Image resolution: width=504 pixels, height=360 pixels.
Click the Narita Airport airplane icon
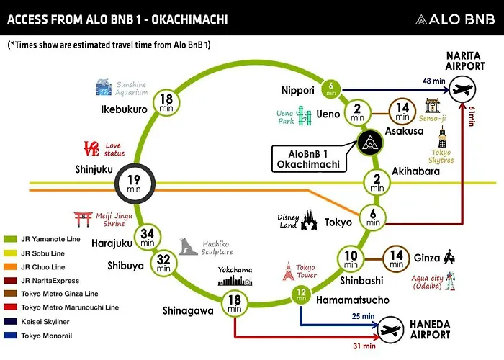tap(462, 89)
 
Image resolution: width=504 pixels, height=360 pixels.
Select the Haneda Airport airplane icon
tap(391, 330)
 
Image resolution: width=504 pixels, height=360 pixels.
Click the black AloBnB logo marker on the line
tap(370, 143)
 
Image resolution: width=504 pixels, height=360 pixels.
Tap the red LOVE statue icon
tap(91, 148)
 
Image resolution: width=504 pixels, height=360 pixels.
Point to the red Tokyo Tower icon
tap(288, 271)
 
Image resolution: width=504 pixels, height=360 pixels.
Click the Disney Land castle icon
tap(309, 220)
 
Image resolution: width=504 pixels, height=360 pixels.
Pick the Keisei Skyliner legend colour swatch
tap(10, 321)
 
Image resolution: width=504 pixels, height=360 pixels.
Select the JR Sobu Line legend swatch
tap(10, 253)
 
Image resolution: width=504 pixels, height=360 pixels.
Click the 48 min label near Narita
tap(434, 81)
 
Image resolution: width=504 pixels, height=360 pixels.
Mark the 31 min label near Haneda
tap(364, 346)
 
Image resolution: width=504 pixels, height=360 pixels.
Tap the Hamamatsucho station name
tap(353, 300)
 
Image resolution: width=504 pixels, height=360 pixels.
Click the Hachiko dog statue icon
tap(188, 246)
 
